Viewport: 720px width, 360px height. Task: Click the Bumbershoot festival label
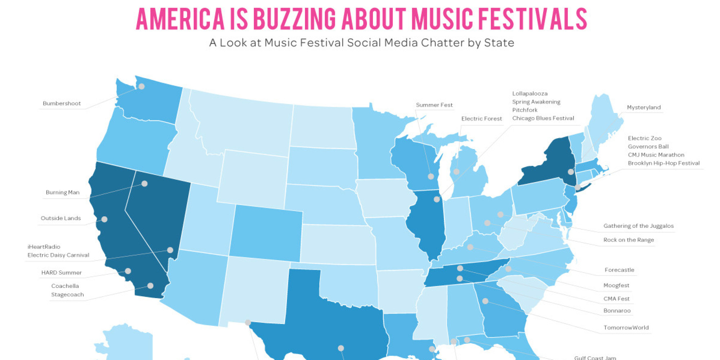pos(62,104)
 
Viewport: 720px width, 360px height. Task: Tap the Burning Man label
pos(63,193)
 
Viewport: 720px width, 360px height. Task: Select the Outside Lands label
pos(60,218)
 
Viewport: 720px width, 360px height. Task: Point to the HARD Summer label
pos(61,273)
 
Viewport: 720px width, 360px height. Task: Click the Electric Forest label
pos(481,119)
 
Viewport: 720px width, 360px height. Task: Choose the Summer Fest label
pos(434,105)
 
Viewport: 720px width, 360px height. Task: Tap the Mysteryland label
pos(644,107)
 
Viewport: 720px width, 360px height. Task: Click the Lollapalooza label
pos(530,94)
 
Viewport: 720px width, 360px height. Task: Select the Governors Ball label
pos(648,147)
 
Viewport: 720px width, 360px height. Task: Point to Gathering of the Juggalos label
pos(638,226)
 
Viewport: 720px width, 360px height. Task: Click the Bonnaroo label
pos(617,311)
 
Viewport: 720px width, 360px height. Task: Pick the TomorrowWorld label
pos(626,328)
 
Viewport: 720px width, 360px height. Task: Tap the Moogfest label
pos(616,285)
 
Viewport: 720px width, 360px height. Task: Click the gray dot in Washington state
pos(141,86)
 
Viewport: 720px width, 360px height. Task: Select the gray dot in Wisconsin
pos(431,176)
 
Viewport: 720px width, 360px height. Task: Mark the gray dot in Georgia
pos(485,301)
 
